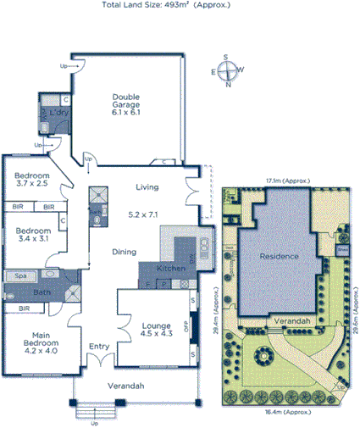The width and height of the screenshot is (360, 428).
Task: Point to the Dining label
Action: [x=125, y=252]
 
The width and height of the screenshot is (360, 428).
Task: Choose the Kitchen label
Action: [x=171, y=269]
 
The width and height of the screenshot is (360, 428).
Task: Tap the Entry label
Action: [x=99, y=346]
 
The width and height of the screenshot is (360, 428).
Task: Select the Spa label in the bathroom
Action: [x=19, y=276]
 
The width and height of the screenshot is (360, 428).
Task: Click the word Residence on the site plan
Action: [x=279, y=256]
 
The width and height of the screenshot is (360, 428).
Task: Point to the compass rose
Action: [x=227, y=71]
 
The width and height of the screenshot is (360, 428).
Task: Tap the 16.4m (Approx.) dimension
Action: [x=284, y=412]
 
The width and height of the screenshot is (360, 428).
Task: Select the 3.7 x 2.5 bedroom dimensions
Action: [x=31, y=184]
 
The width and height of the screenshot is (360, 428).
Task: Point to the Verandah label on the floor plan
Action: [x=125, y=386]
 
